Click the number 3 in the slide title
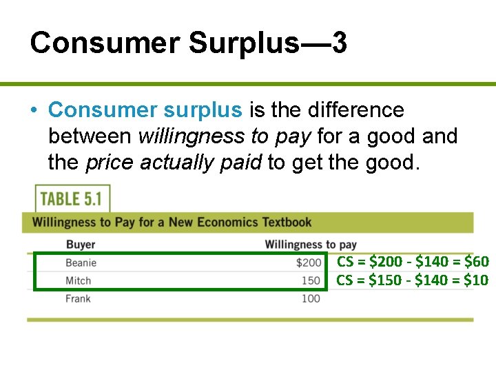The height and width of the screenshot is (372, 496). pos(338,43)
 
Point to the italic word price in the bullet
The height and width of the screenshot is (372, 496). pos(110,163)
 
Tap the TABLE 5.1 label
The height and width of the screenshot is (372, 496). pos(71,199)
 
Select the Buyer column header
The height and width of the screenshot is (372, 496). pos(81,245)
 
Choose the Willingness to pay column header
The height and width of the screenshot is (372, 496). pos(311,245)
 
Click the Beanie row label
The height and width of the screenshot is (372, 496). pos(81,262)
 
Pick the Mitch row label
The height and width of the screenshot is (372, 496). pos(79,280)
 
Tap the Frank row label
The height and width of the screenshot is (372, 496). pos(79,298)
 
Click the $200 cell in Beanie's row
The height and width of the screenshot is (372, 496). pos(309,262)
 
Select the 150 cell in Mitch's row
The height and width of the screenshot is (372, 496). pos(311,280)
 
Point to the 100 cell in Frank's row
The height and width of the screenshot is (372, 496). pos(311,298)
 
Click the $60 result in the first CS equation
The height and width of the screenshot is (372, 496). pos(477,262)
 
